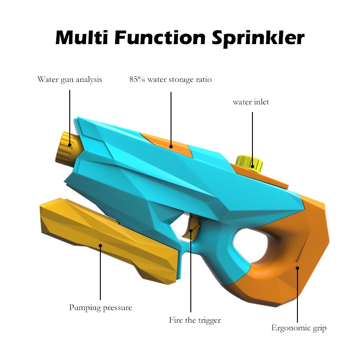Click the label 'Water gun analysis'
pyautogui.click(x=70, y=80)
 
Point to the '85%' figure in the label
pyautogui.click(x=137, y=80)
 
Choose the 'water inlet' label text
pyautogui.click(x=251, y=102)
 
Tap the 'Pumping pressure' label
pyautogui.click(x=100, y=308)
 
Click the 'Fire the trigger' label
pyautogui.click(x=195, y=320)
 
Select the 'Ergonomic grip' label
pyautogui.click(x=298, y=328)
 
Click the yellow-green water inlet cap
pyautogui.click(x=247, y=161)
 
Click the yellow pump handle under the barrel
pyautogui.click(x=108, y=245)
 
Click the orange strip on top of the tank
pyautogui.click(x=167, y=144)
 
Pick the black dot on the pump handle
pyautogui.click(x=100, y=246)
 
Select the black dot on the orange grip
pyautogui.click(x=297, y=268)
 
